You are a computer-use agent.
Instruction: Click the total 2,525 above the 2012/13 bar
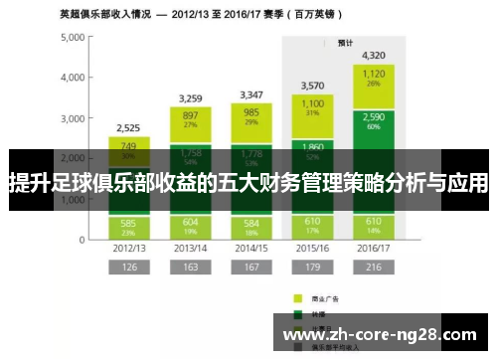point(128,128)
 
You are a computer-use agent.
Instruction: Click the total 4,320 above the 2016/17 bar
point(374,55)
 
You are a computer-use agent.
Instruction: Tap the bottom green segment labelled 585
point(128,226)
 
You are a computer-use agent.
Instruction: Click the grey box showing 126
point(128,267)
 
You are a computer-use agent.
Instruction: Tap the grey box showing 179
point(312,267)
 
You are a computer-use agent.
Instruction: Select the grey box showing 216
point(374,267)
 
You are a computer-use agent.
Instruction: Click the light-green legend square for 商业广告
point(297,297)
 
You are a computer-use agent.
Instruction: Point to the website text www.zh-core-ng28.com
point(379,336)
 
